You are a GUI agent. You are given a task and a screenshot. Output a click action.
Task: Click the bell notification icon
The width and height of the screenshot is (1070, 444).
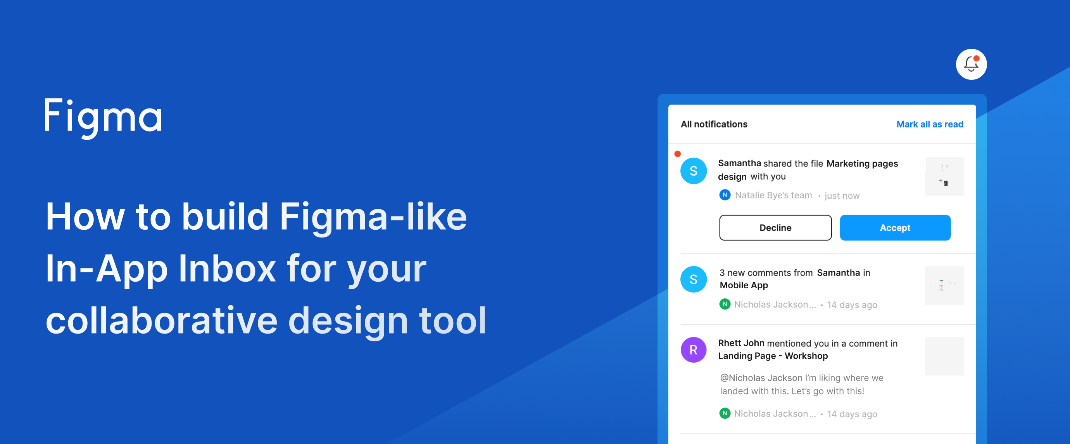click(971, 64)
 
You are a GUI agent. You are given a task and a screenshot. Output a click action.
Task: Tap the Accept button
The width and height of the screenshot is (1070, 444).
click(895, 227)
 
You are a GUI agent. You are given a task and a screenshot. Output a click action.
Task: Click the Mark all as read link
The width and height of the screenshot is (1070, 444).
click(929, 124)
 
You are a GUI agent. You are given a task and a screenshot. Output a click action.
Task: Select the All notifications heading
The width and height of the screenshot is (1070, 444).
click(714, 124)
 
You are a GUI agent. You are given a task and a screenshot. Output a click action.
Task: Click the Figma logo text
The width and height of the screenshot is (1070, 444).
click(103, 117)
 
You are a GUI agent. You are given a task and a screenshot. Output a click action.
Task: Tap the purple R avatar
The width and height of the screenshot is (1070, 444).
click(693, 350)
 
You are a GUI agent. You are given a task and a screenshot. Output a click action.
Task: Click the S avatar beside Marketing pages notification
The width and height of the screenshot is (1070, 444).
click(693, 170)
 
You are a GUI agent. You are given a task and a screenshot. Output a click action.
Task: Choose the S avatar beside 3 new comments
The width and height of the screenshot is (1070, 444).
click(693, 279)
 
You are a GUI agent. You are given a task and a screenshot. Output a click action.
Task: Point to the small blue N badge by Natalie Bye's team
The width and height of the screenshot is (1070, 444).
click(725, 195)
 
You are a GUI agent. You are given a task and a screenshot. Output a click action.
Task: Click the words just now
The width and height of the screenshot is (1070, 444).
click(842, 195)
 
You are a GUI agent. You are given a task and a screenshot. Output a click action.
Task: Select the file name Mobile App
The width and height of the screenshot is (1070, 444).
click(744, 285)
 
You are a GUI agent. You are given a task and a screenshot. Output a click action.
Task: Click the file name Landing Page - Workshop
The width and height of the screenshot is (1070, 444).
click(773, 356)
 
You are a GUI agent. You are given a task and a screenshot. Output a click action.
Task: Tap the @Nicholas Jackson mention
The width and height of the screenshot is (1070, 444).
click(761, 378)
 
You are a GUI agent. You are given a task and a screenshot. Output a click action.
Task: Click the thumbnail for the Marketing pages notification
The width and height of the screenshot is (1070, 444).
click(944, 176)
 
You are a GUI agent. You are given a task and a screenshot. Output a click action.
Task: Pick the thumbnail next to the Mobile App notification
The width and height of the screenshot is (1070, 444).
click(944, 285)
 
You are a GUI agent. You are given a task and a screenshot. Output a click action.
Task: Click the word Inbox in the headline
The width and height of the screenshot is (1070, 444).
click(227, 269)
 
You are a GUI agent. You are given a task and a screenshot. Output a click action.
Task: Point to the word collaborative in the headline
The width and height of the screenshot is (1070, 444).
click(161, 321)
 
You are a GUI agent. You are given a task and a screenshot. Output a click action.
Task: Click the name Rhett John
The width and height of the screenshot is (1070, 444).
click(741, 343)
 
